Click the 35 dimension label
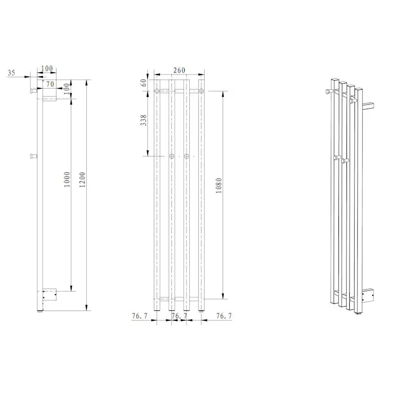click(11, 73)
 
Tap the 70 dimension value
click(50, 84)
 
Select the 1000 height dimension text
click(67, 179)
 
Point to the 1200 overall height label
click(82, 180)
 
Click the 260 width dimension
click(179, 70)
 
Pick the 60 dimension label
click(143, 83)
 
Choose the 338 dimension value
click(143, 120)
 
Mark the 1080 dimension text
click(219, 186)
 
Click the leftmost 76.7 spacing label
click(140, 316)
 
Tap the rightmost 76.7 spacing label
click(224, 316)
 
